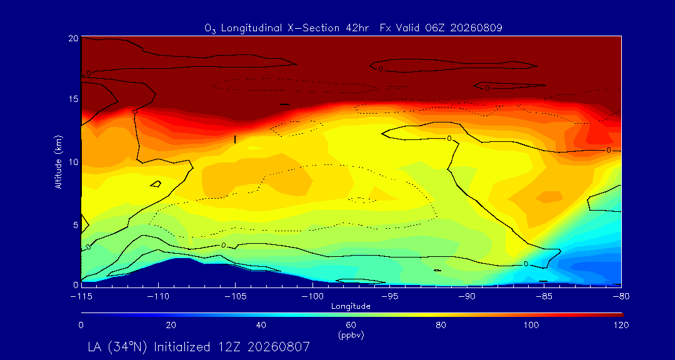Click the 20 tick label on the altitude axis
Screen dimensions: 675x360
click(x=73, y=38)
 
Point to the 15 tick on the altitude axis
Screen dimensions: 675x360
click(x=73, y=99)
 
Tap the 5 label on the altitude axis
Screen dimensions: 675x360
click(x=76, y=225)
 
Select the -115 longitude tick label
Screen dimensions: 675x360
click(x=81, y=297)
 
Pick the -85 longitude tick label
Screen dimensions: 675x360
click(x=544, y=297)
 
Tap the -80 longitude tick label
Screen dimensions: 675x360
click(x=621, y=297)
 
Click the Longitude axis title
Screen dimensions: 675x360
click(x=351, y=307)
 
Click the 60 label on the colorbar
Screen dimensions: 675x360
click(x=351, y=325)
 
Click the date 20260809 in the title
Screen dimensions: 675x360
click(x=481, y=28)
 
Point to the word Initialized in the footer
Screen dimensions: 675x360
click(x=182, y=347)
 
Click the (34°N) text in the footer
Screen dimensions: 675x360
click(x=129, y=347)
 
